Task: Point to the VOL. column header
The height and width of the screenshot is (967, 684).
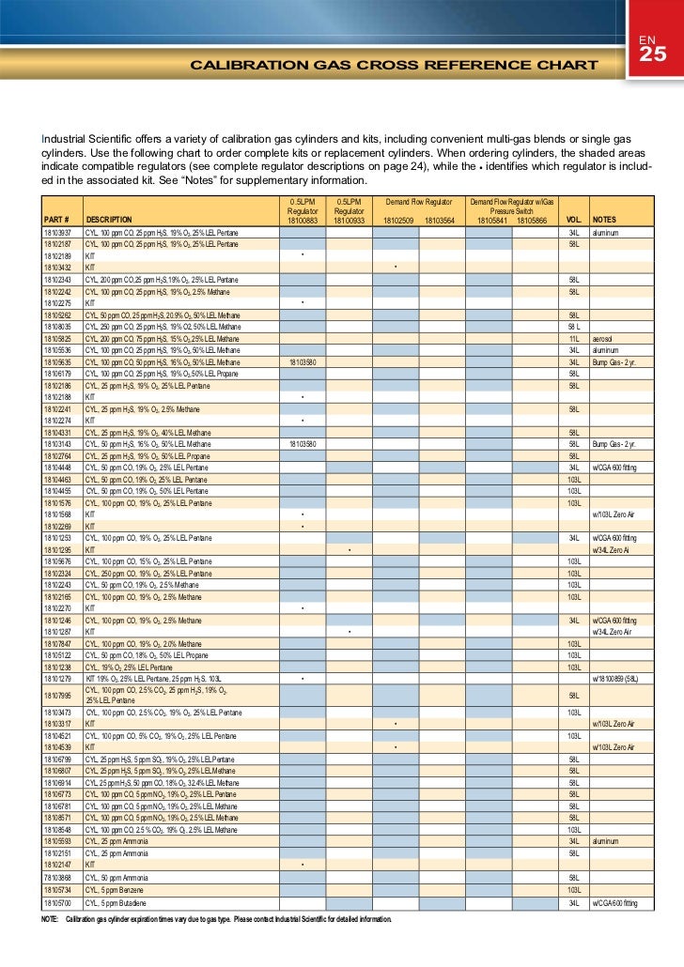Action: tap(572, 220)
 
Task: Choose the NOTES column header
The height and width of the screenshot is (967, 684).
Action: tap(606, 220)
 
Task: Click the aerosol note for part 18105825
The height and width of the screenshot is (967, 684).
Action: tap(604, 338)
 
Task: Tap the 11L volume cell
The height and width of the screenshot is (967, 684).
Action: tap(572, 338)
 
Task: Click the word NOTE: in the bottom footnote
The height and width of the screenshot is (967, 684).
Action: tap(51, 919)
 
